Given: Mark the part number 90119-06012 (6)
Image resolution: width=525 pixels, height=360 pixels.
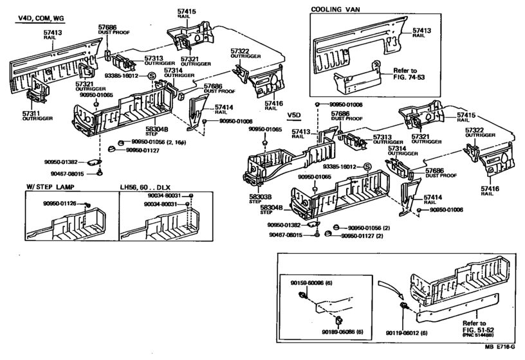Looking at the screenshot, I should pos(407,332).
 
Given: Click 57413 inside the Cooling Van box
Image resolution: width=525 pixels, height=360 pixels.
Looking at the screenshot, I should pos(421,30).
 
